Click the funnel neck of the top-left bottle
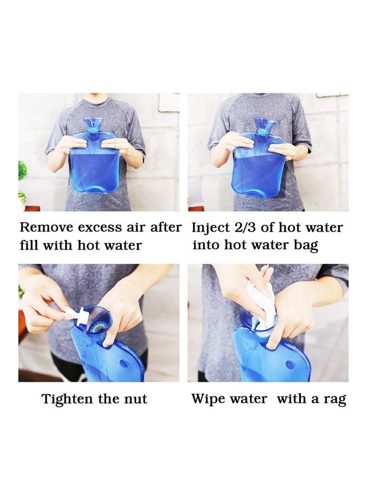(93, 126)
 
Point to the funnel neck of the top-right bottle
(265, 126)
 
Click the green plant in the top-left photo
(22, 170)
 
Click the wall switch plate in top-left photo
(168, 102)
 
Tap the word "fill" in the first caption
(29, 245)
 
